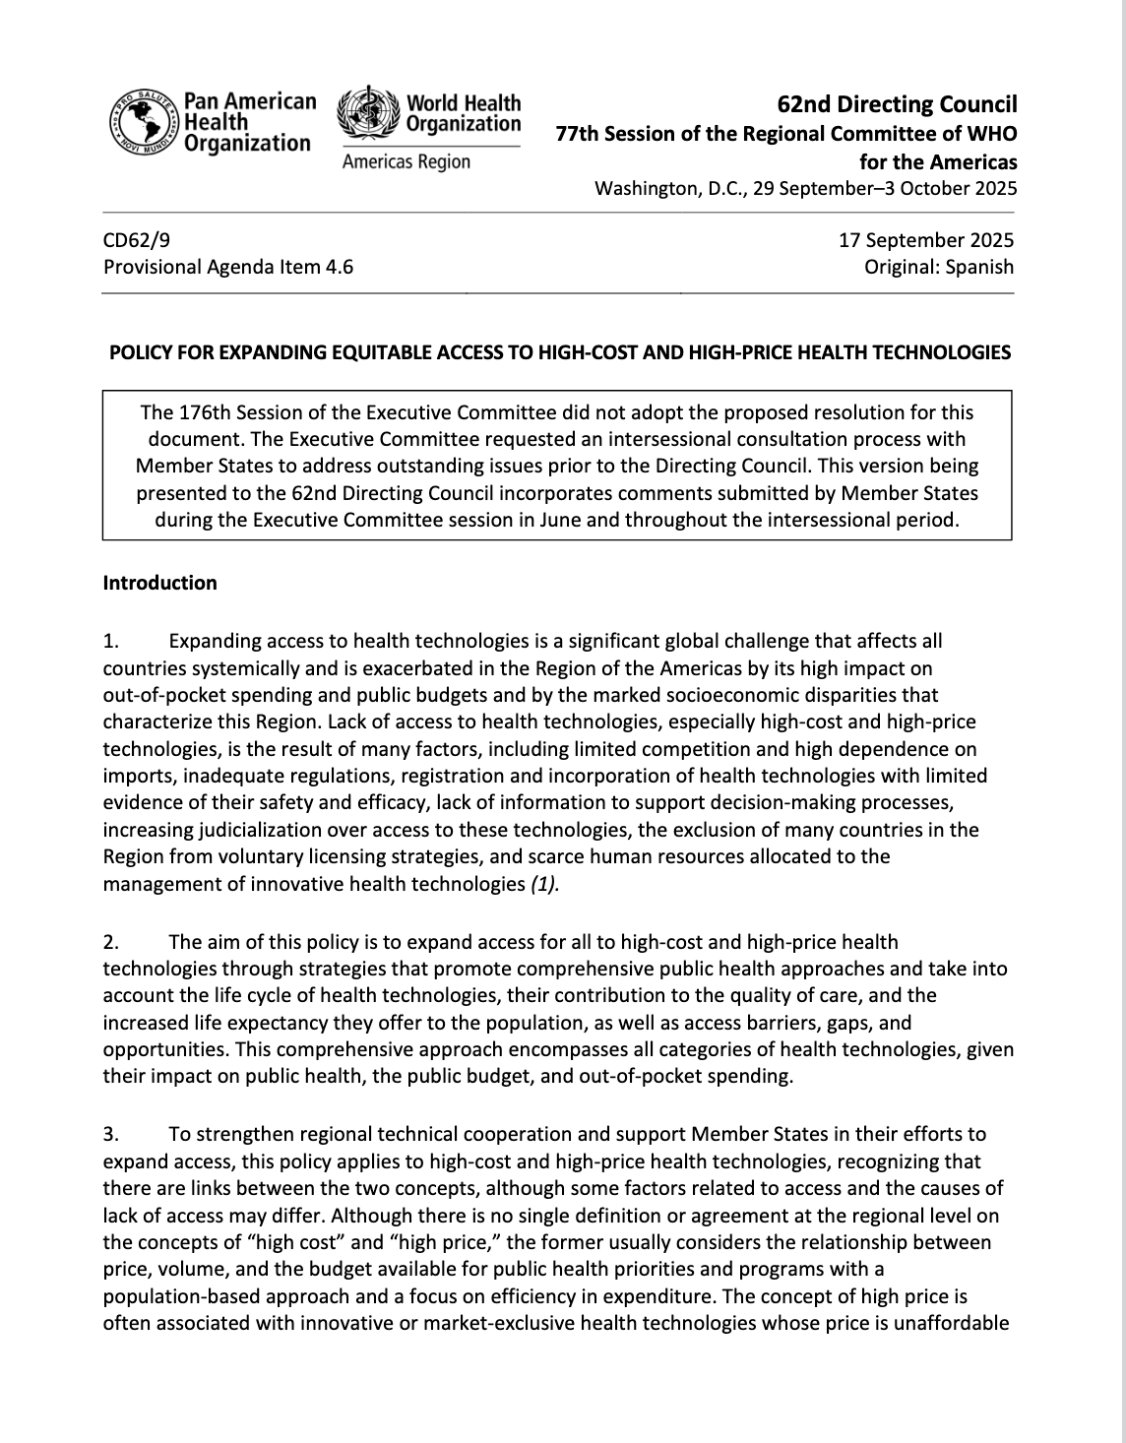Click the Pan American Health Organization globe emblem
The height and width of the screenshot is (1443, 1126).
click(144, 124)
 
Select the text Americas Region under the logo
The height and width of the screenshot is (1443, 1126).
click(406, 161)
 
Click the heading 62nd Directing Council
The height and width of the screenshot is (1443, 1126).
click(897, 104)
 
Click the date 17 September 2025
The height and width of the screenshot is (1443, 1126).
click(925, 239)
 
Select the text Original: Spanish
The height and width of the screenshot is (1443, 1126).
click(938, 266)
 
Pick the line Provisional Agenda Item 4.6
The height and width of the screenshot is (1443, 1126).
click(227, 266)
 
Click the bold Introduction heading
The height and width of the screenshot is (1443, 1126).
click(159, 583)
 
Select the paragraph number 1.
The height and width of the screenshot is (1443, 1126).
click(110, 641)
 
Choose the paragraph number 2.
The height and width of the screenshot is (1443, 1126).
click(110, 942)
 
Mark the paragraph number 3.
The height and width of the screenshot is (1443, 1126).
click(110, 1134)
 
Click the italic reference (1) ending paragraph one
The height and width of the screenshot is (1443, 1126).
click(544, 883)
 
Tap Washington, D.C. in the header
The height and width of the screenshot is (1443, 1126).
click(668, 189)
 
